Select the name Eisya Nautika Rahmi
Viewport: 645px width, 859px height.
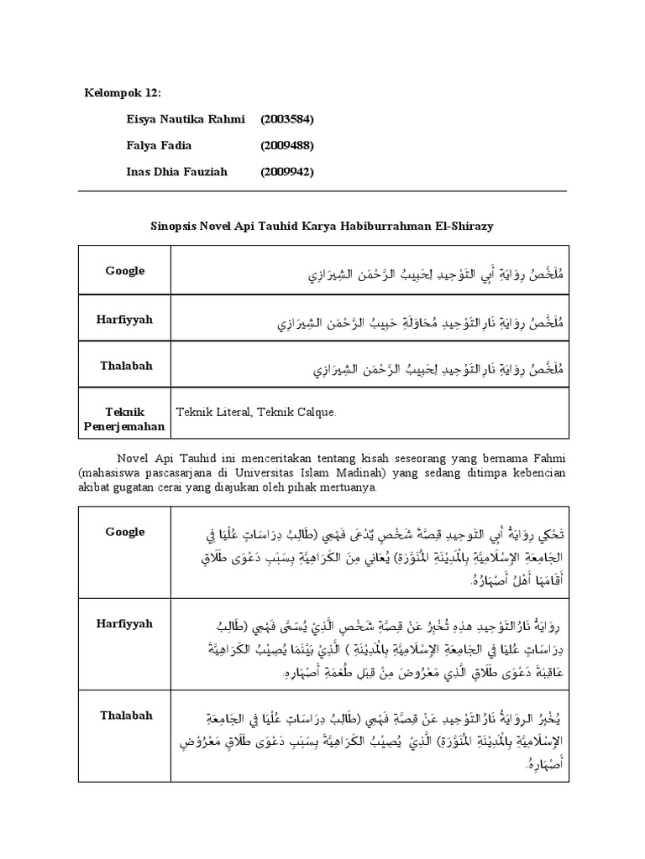pos(184,120)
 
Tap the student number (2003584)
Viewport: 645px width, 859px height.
pos(287,120)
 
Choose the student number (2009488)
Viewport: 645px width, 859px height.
pos(287,145)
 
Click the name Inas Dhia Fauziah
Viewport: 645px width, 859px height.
pos(177,171)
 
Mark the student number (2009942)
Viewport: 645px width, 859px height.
pos(287,171)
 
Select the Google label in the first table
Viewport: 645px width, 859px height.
pos(125,271)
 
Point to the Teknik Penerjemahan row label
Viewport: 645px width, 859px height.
pos(125,419)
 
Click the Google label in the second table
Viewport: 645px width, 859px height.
pos(125,532)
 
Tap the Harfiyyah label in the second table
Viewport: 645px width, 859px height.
pos(125,624)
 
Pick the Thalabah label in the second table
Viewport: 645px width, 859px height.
pos(125,716)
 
